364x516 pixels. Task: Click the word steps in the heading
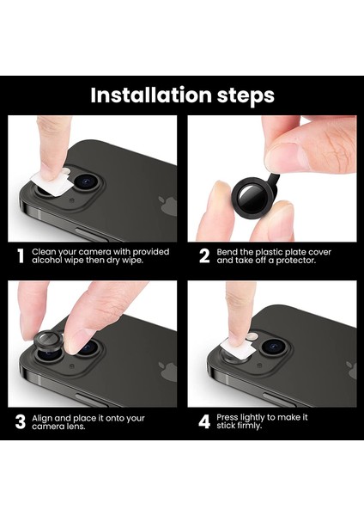[246, 96]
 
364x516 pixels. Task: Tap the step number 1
[21, 256]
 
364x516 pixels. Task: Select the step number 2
[204, 256]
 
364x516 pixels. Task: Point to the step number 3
[21, 422]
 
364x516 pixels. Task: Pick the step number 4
[204, 422]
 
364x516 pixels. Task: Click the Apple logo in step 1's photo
[167, 206]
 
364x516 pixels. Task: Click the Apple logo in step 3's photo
[167, 372]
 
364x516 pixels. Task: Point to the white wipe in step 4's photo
[238, 348]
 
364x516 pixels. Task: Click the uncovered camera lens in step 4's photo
[272, 347]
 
